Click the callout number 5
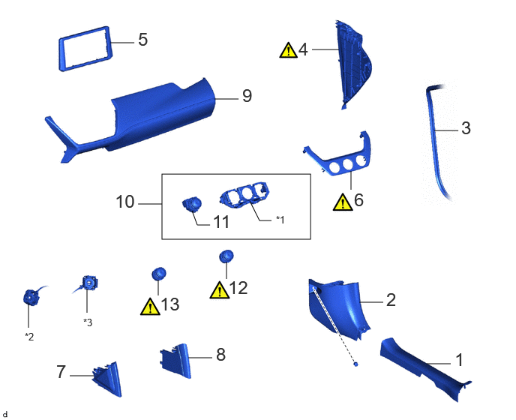tap(142, 40)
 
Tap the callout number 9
tap(247, 96)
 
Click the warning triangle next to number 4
tap(288, 50)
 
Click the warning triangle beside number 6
tap(343, 202)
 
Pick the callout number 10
tap(125, 202)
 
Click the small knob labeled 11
tap(192, 205)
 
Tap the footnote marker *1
tap(280, 219)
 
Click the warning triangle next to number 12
tap(220, 290)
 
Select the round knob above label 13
tap(158, 274)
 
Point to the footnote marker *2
tap(29, 337)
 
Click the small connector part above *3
tap(89, 283)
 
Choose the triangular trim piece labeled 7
tap(108, 379)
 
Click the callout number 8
tap(220, 355)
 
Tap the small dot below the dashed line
tap(355, 364)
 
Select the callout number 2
tap(391, 300)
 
